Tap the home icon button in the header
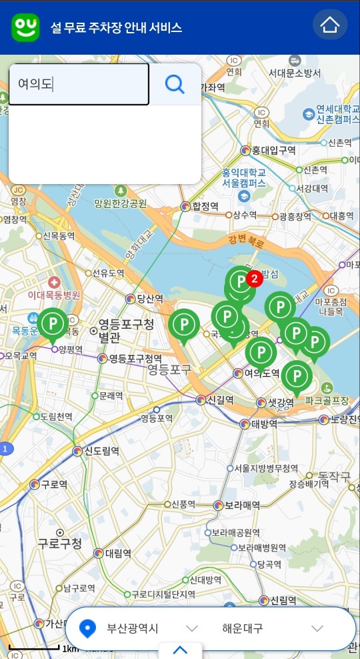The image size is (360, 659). (330, 25)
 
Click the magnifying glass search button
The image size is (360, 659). (175, 84)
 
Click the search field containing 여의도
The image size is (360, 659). (79, 84)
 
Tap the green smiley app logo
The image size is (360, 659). (25, 26)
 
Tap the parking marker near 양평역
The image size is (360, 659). (53, 324)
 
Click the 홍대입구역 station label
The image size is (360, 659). (273, 150)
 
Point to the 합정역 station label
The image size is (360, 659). (205, 207)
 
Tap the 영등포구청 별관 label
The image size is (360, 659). (125, 331)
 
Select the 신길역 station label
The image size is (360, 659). (219, 400)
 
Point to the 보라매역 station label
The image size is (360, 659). (241, 505)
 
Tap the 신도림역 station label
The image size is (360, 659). (101, 451)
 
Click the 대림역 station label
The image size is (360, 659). (117, 553)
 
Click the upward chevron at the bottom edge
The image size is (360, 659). (180, 650)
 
